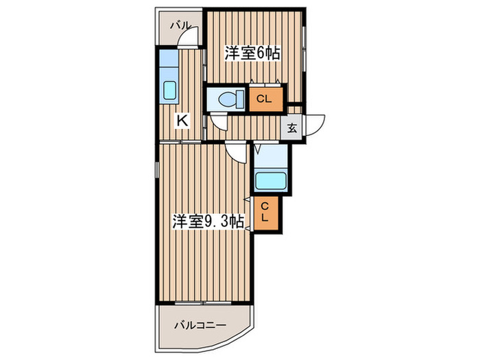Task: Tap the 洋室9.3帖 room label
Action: click(207, 221)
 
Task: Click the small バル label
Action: click(180, 25)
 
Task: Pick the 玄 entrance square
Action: click(291, 127)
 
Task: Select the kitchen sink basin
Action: click(169, 90)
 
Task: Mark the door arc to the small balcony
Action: click(190, 37)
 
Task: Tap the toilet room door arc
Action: click(219, 123)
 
